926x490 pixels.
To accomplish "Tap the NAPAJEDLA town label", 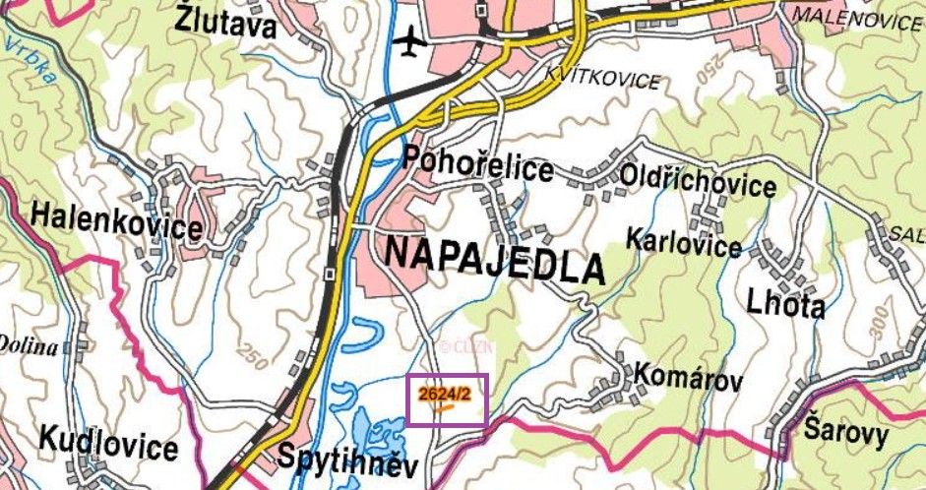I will point(493,259).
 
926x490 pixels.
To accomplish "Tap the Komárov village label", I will point(686,375).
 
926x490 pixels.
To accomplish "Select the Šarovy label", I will point(845,432).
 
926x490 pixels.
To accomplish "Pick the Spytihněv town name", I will point(348,460).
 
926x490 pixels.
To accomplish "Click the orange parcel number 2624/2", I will point(439,394).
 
